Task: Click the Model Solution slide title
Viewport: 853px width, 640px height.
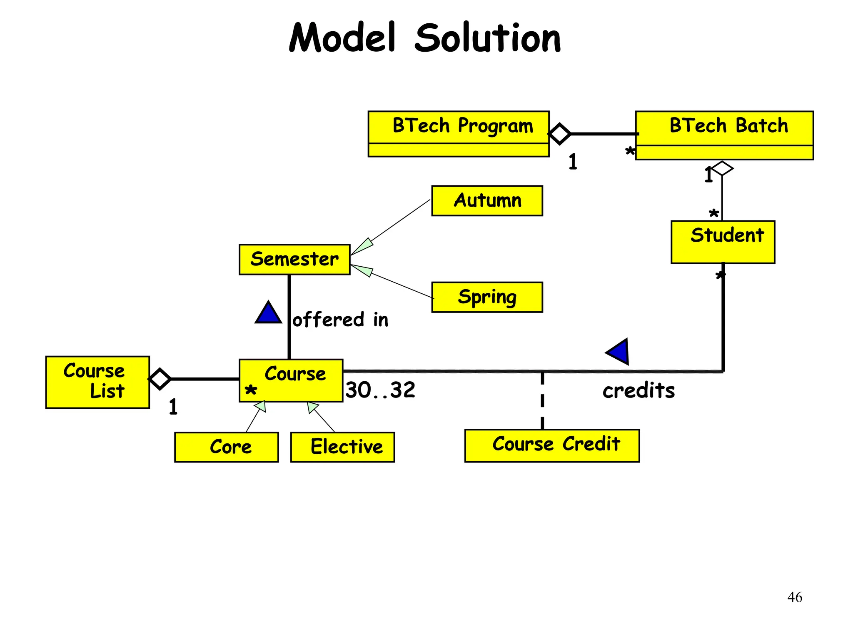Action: (425, 38)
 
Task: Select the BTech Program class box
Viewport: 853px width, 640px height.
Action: (459, 134)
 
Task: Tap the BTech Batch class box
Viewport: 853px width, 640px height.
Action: (724, 135)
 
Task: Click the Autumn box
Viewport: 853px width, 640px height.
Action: (487, 201)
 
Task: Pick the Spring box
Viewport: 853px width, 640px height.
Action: (487, 297)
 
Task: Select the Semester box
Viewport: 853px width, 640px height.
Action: (294, 259)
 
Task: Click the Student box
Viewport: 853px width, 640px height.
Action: (723, 242)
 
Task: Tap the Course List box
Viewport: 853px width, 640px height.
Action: (97, 382)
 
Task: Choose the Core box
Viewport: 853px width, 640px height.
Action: (226, 447)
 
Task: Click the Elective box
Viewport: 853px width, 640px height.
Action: (342, 447)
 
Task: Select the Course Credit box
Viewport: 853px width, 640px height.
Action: (551, 445)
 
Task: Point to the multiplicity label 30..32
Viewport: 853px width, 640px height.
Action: (380, 390)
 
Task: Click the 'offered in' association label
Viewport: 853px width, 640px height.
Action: (340, 320)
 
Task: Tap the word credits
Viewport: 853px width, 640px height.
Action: (639, 390)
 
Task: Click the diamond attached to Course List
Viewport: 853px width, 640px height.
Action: (160, 379)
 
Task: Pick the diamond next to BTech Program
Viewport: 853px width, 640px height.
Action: (559, 134)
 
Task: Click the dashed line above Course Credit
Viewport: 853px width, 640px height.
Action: (542, 400)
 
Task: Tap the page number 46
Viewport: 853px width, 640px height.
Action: (794, 597)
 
